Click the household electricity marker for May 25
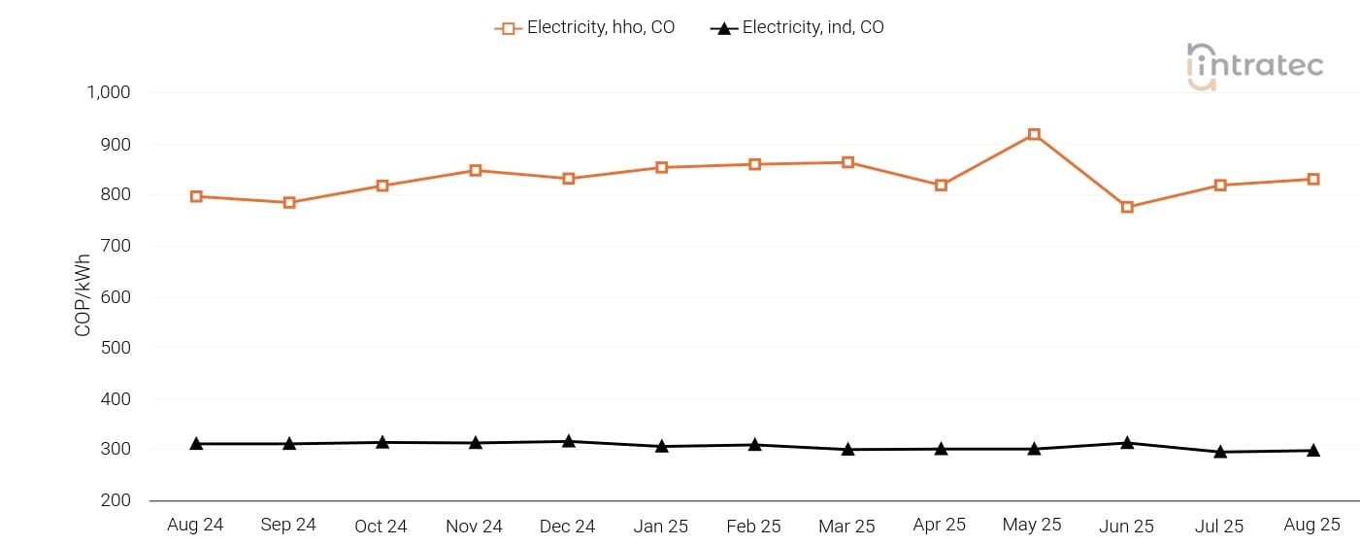click(1034, 135)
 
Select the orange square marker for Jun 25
click(1127, 207)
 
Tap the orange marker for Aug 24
click(196, 196)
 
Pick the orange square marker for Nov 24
click(476, 171)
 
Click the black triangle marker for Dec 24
click(569, 441)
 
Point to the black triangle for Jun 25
click(1127, 442)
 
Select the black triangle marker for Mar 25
click(847, 449)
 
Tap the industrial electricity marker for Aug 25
click(1313, 450)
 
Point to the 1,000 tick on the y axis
click(109, 93)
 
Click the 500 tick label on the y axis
click(116, 348)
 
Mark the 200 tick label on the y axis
click(116, 500)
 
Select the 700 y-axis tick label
click(116, 246)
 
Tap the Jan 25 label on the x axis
click(661, 527)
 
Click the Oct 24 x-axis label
click(381, 527)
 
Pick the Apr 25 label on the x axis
click(940, 526)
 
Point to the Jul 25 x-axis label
click(1219, 527)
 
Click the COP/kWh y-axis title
click(83, 295)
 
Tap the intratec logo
click(1254, 66)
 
